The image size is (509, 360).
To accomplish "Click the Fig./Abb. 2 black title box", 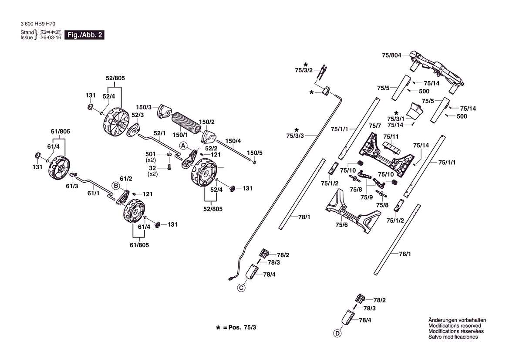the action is pos(84,35).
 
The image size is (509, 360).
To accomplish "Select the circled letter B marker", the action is pos(116,186).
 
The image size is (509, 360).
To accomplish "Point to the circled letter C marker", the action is pos(241,288).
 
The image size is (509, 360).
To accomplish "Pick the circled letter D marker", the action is pos(337,333).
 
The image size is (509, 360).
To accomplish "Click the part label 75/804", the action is pos(391,55).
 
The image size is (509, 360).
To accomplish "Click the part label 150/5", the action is pos(254,153).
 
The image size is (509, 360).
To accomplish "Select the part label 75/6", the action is pos(341,225).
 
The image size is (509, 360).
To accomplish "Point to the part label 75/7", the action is pos(375,126).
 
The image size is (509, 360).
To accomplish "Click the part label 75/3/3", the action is pos(295,136).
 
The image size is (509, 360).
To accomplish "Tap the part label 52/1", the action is pos(159,133).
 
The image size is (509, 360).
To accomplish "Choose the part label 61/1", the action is pos(94,194).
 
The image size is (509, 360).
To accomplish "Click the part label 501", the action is pos(151,154).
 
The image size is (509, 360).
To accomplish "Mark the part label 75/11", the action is pos(391,136).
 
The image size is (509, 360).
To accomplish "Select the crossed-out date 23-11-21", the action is pos(51,32).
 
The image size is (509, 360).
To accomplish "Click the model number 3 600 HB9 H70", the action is pos(38,24).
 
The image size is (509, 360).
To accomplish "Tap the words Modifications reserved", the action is pos(455,326).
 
